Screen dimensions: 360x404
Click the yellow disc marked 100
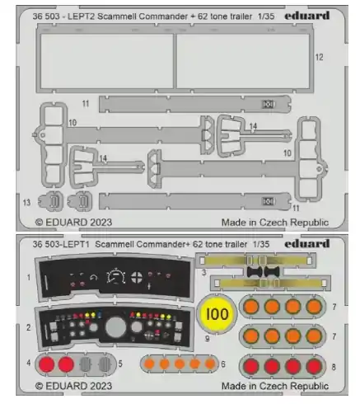coord(217,314)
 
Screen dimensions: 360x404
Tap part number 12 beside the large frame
coord(319,57)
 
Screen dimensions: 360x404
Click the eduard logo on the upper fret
coord(307,16)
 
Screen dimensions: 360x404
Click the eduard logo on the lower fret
coord(307,243)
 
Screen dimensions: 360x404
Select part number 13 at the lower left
coord(26,203)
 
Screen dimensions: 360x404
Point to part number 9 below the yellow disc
coord(208,338)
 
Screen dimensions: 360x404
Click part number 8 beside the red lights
coord(334,367)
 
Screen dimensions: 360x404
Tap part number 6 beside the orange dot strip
coord(223,364)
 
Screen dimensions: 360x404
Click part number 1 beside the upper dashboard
coord(29,278)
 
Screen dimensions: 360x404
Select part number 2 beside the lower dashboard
coord(29,327)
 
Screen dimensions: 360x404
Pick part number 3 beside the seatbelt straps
coord(203,273)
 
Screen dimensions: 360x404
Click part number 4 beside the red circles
coord(29,363)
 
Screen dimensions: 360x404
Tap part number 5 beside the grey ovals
coord(120,364)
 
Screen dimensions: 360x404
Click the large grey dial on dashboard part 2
coord(115,327)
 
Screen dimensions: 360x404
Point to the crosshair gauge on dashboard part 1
coord(137,277)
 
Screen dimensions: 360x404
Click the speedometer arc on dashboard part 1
coord(116,275)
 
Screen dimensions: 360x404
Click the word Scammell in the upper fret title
coord(115,16)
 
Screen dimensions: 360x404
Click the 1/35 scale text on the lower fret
coord(261,244)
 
